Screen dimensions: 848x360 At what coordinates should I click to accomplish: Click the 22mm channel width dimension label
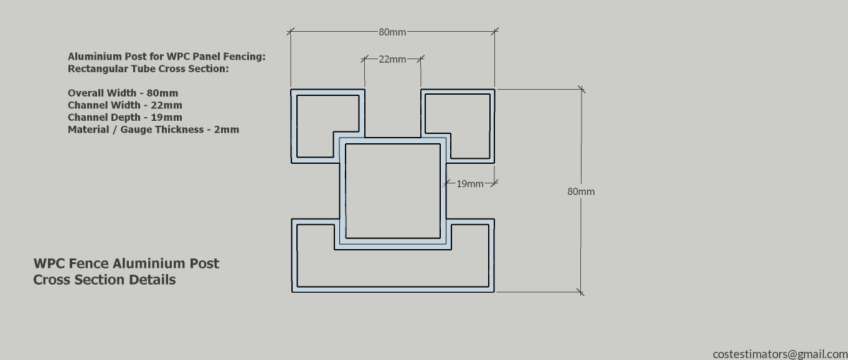(x=392, y=59)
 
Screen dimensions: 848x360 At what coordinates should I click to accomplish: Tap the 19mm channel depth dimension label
(x=470, y=184)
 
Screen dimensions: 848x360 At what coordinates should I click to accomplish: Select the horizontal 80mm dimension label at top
(x=392, y=32)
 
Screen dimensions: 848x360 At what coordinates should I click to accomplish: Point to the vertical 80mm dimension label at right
(x=581, y=192)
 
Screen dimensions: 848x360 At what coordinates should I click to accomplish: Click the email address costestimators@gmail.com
(x=780, y=354)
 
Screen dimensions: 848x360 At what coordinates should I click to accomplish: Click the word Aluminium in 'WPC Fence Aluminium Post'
(x=166, y=263)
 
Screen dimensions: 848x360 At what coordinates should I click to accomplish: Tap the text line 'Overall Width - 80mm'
(x=123, y=93)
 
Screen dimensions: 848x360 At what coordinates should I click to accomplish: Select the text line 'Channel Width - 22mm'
(x=125, y=105)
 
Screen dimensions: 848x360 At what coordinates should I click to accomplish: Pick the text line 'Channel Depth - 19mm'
(x=125, y=117)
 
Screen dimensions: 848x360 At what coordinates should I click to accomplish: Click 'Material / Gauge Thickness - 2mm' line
(x=153, y=130)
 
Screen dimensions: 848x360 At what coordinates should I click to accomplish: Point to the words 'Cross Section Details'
(x=105, y=280)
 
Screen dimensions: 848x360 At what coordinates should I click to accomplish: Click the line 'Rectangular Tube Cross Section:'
(x=148, y=69)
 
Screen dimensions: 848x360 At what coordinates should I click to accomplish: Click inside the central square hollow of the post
(x=393, y=191)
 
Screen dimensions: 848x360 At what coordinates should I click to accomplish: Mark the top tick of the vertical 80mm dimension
(x=582, y=90)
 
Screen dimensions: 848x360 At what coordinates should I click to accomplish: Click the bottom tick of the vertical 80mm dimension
(x=581, y=292)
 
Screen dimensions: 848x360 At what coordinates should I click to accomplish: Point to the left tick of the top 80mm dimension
(x=290, y=32)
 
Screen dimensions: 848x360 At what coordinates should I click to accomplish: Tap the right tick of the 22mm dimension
(x=421, y=59)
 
